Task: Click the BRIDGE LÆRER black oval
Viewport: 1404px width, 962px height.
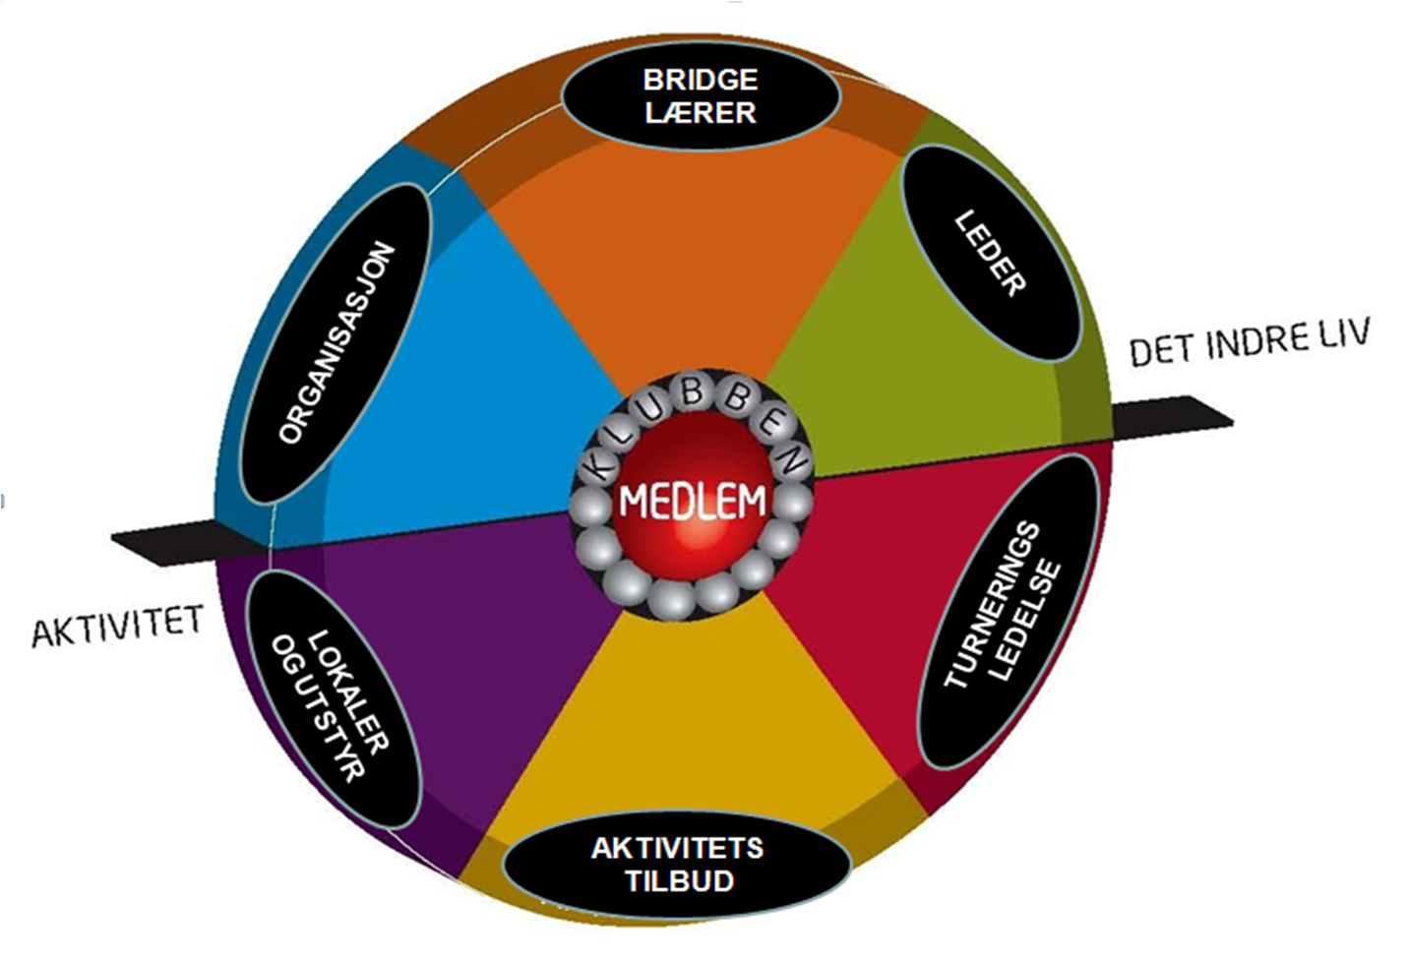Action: [701, 95]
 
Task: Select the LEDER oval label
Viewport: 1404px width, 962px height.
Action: [992, 255]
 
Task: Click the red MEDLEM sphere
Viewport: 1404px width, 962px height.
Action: [692, 502]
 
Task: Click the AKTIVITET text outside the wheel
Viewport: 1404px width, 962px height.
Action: [117, 626]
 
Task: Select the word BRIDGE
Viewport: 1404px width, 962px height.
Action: [700, 79]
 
